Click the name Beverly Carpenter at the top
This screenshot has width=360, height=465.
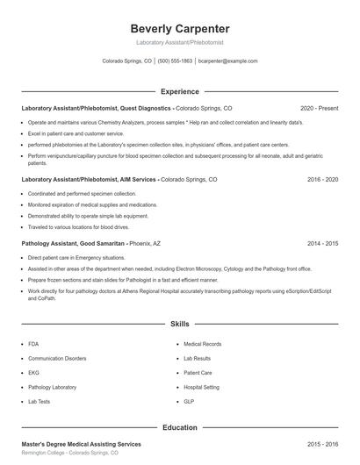tap(180, 28)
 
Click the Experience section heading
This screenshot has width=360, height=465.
tap(180, 91)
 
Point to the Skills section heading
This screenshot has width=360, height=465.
tap(180, 324)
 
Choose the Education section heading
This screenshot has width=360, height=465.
tap(180, 427)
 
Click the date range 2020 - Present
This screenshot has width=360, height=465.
tap(320, 108)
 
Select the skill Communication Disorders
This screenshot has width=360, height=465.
tap(58, 359)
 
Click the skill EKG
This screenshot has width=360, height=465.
tap(33, 373)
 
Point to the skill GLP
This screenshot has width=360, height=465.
tap(189, 401)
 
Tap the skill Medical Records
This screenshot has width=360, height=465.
tap(202, 345)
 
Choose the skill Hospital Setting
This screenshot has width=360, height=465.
tap(201, 387)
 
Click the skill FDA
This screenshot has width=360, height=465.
tap(33, 345)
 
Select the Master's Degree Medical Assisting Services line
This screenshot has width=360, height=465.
tap(81, 446)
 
